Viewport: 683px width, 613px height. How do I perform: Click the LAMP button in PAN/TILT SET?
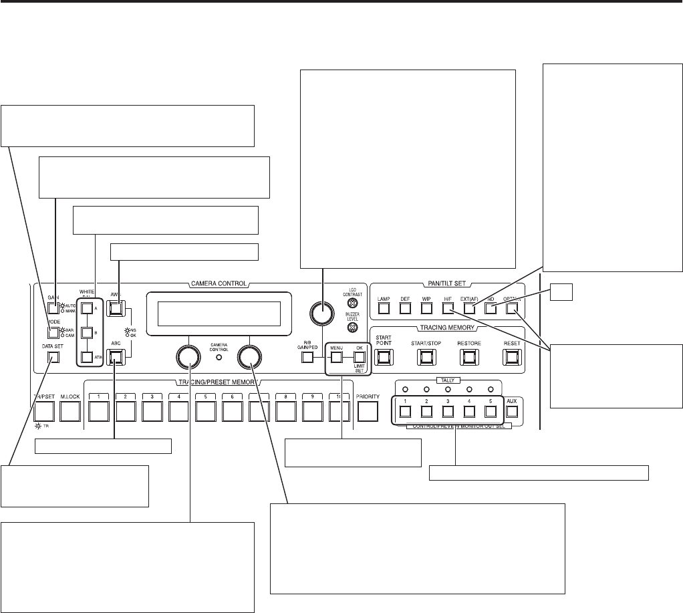pos(383,309)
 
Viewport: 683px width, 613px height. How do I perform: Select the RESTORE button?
pos(469,357)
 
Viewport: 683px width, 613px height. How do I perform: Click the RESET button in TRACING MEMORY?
pos(512,357)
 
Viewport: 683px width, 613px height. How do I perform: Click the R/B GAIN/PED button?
pos(307,357)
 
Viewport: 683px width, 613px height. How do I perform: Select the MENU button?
pos(337,357)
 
